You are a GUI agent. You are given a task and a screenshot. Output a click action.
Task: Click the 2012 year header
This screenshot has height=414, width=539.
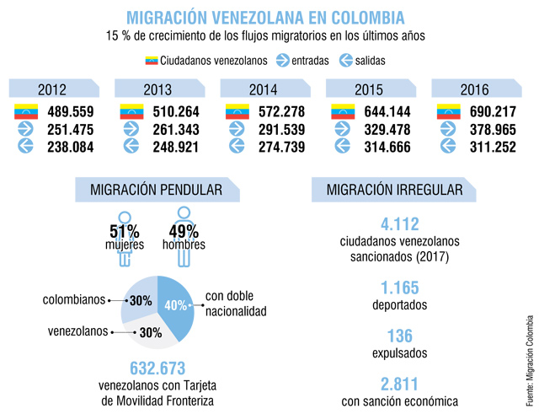click(53, 89)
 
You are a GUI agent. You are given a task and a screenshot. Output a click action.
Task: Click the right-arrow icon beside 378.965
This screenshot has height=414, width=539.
click(449, 129)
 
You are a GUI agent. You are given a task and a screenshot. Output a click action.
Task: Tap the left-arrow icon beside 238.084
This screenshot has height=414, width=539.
click(24, 146)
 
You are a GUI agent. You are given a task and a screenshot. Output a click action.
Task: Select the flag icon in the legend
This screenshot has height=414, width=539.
click(152, 61)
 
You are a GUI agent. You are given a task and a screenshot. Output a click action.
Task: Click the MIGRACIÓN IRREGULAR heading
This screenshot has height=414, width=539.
click(387, 190)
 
